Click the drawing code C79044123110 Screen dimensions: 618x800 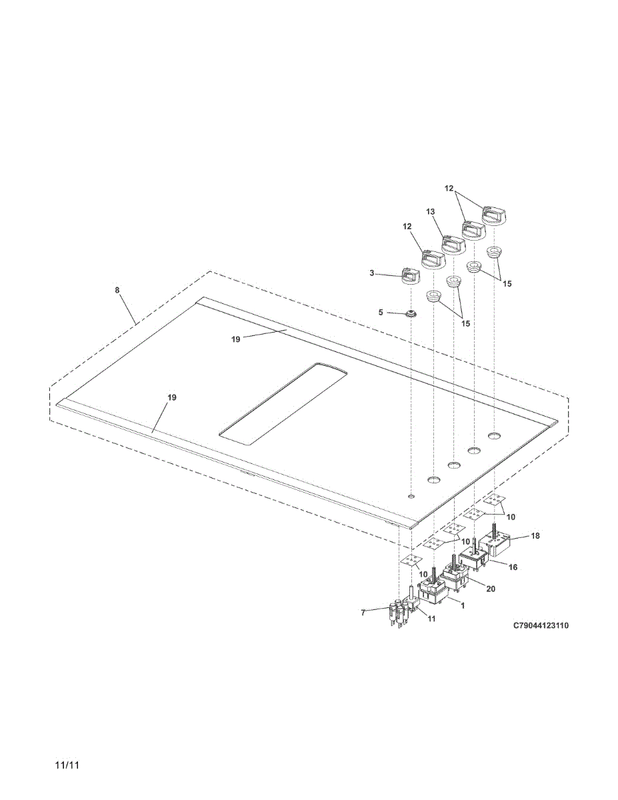pyautogui.click(x=541, y=626)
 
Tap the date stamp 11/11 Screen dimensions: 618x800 pyautogui.click(x=67, y=765)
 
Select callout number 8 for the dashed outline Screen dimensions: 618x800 pyautogui.click(x=117, y=291)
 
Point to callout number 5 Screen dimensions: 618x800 pyautogui.click(x=381, y=311)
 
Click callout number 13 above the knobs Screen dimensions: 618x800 pyautogui.click(x=431, y=211)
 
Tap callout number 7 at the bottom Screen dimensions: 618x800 pyautogui.click(x=363, y=612)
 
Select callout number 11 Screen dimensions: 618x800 pyautogui.click(x=431, y=619)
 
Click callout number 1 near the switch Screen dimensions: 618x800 pyautogui.click(x=462, y=604)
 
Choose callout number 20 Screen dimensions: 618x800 pyautogui.click(x=491, y=589)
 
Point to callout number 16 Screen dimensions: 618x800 pyautogui.click(x=513, y=567)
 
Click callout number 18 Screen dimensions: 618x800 pyautogui.click(x=535, y=536)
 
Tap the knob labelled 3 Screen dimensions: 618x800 pyautogui.click(x=409, y=275)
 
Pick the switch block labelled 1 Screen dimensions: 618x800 pyautogui.click(x=434, y=591)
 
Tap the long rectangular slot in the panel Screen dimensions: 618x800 pyautogui.click(x=284, y=403)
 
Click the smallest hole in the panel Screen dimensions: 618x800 pyautogui.click(x=411, y=496)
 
